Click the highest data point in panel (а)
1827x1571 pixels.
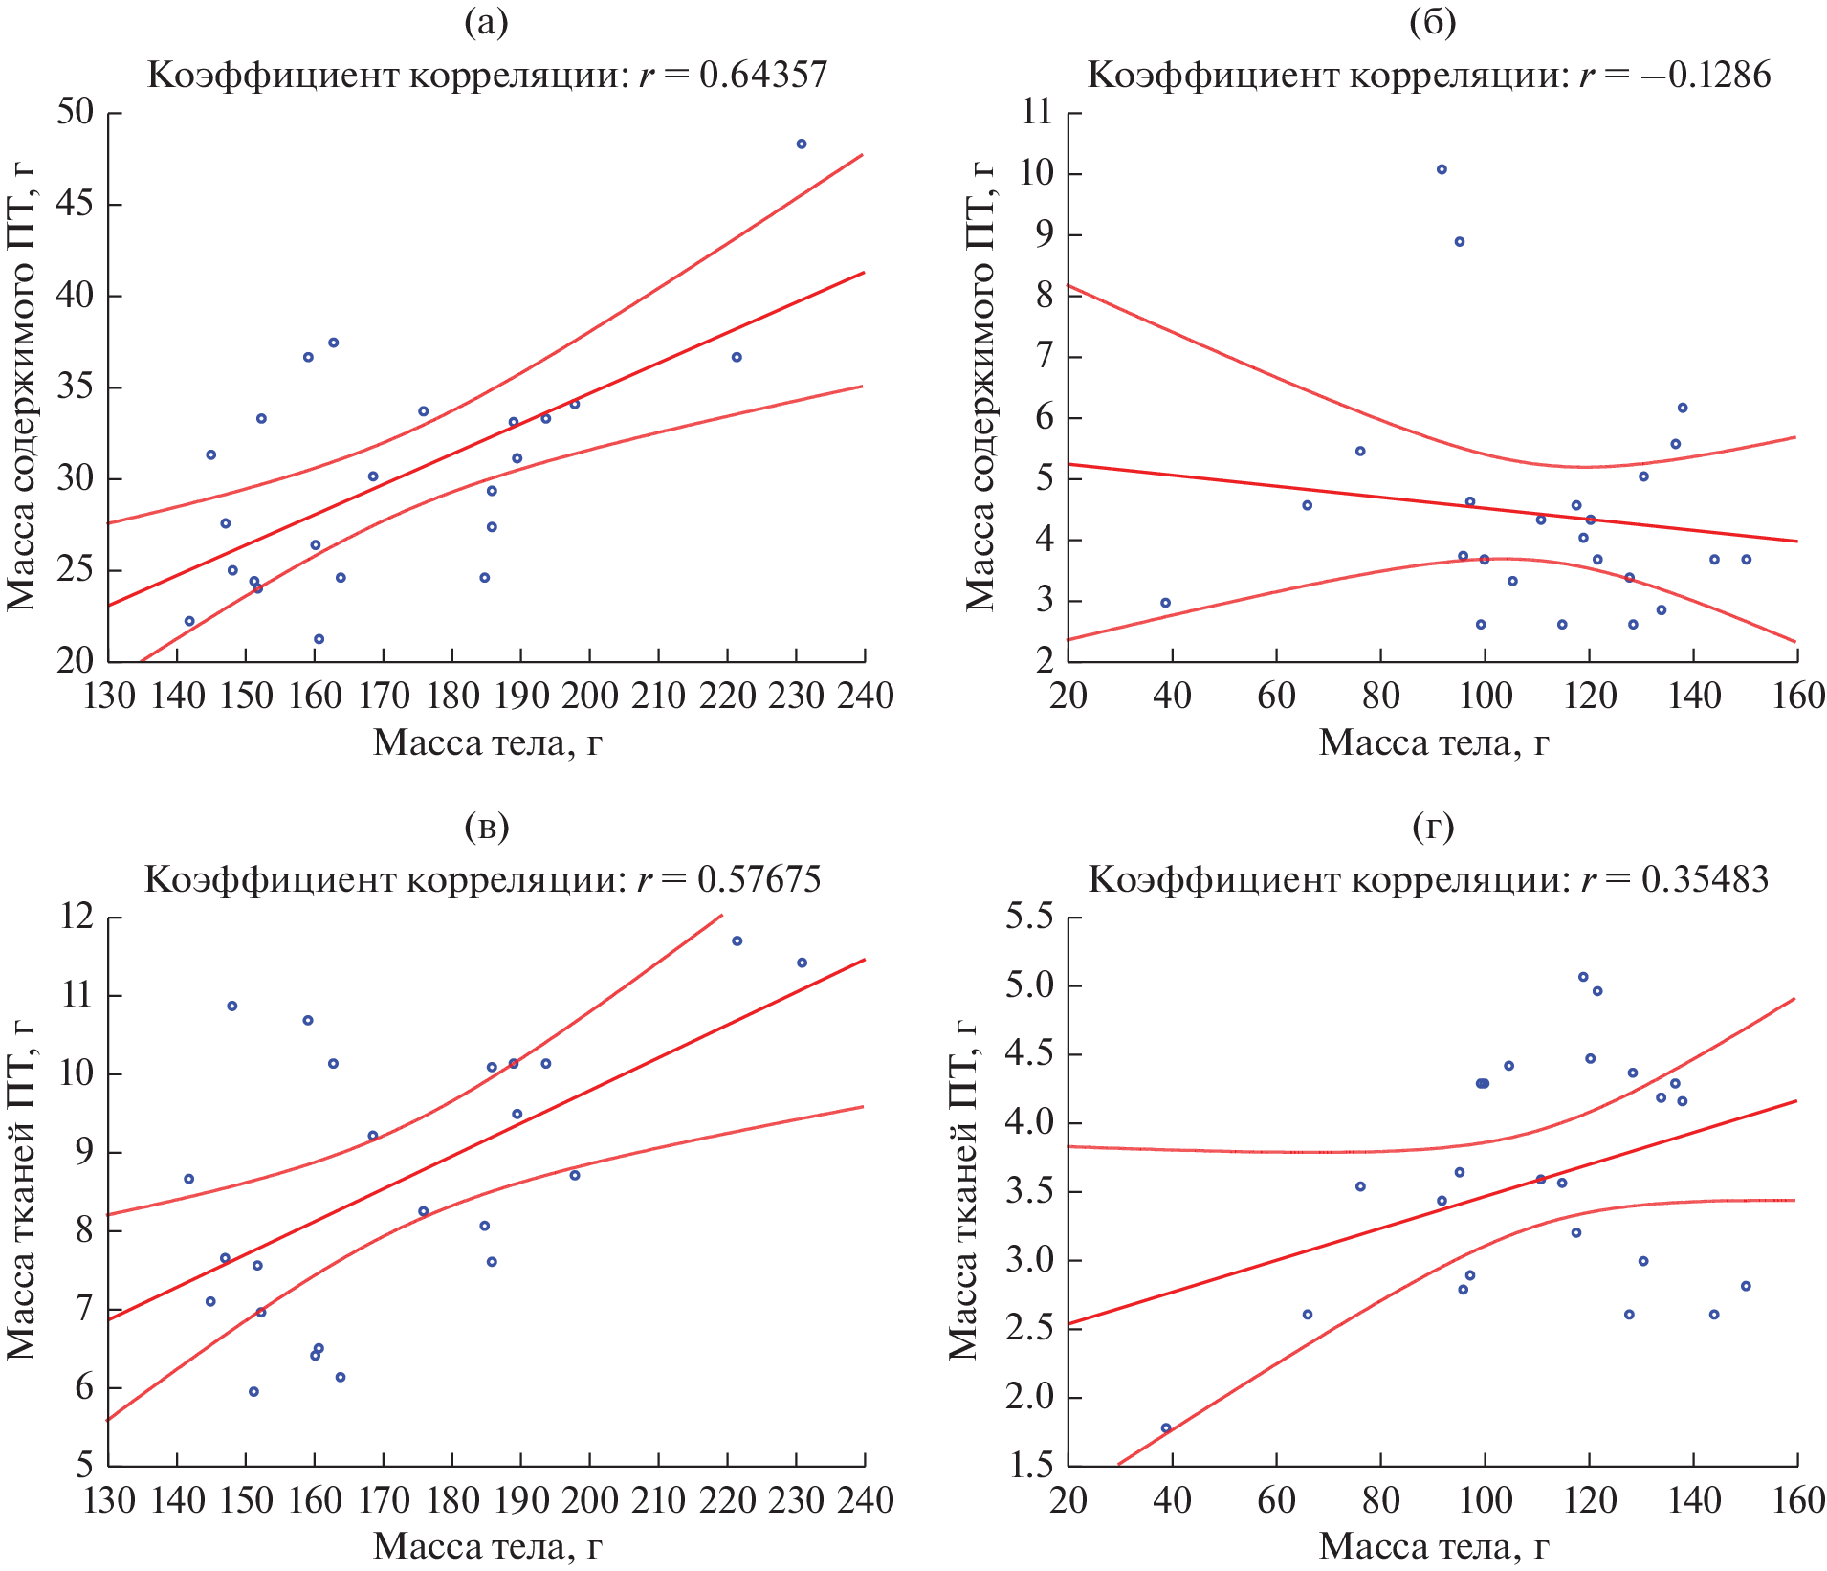click(x=802, y=144)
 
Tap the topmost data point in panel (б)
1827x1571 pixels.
click(x=1442, y=169)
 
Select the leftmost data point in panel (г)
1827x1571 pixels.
click(x=1166, y=1427)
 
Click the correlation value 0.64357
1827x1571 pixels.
click(x=762, y=75)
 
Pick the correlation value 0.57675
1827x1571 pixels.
click(x=759, y=879)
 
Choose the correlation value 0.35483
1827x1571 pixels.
click(x=1705, y=879)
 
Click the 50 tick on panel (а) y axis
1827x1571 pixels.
click(x=76, y=112)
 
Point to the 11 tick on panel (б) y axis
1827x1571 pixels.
click(x=1036, y=112)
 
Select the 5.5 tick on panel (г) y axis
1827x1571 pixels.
click(x=1028, y=918)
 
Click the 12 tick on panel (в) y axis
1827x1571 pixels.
click(x=77, y=918)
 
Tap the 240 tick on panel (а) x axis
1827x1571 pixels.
click(x=866, y=696)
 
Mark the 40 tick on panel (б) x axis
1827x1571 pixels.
click(x=1172, y=696)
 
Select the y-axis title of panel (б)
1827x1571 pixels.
click(x=980, y=387)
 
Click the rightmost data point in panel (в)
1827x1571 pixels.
click(x=802, y=963)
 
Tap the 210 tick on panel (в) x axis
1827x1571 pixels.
click(x=659, y=1499)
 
